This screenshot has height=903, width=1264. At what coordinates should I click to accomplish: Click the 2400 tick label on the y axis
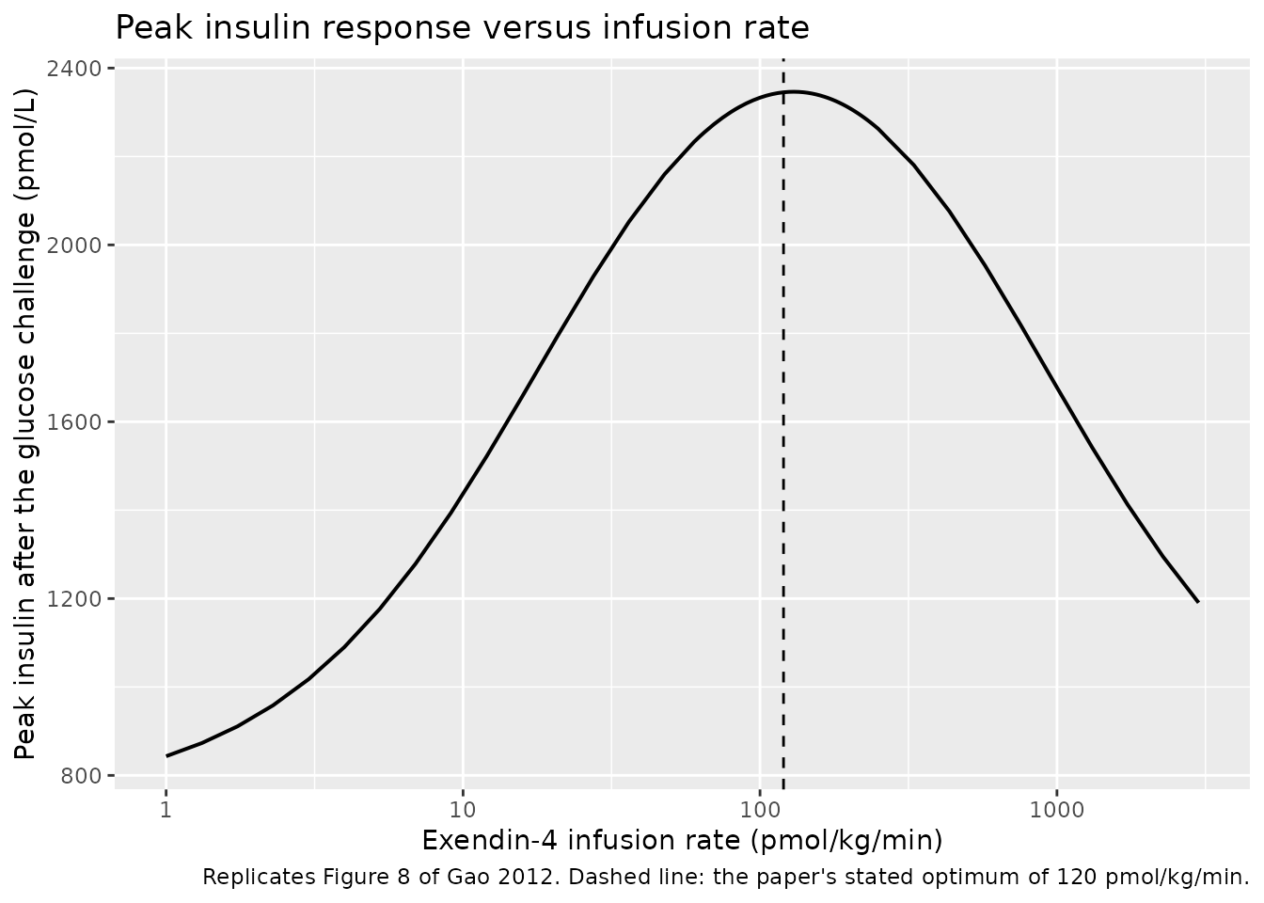point(74,69)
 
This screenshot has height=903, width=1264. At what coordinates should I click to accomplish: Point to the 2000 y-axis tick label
point(74,246)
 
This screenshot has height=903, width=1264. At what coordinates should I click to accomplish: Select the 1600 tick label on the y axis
point(74,422)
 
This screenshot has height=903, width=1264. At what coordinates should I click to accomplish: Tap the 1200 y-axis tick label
point(74,599)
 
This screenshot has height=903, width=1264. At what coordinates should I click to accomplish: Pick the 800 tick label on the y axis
point(81,776)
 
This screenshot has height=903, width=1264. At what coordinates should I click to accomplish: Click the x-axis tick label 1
point(166,810)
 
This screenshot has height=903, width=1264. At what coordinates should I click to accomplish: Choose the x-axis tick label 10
point(463,810)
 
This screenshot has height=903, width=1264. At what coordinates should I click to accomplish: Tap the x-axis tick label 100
point(760,810)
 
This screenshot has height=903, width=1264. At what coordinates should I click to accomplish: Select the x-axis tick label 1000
point(1057,810)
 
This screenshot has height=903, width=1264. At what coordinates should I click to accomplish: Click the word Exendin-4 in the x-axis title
point(489,840)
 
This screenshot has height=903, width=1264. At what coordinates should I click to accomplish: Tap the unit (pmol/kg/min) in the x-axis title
point(846,842)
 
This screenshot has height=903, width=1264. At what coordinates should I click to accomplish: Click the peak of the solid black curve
point(794,91)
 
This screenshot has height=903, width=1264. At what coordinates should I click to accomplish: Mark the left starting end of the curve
point(166,755)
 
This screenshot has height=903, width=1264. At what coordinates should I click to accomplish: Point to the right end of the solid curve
point(1198,602)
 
